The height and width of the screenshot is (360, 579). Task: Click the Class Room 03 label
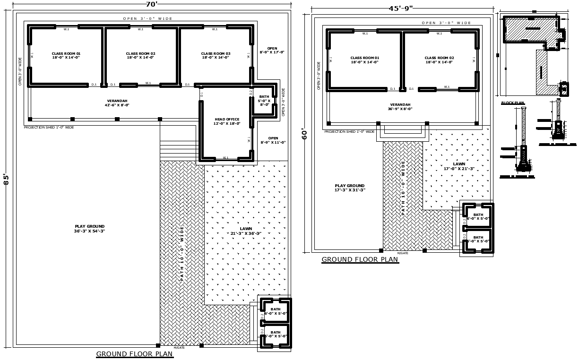(x=216, y=55)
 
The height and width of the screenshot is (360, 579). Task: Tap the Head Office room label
(x=227, y=121)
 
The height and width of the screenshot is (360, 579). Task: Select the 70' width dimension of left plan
(x=151, y=4)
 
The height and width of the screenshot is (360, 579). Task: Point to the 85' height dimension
(x=6, y=180)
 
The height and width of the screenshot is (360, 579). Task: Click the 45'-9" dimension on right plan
(x=401, y=8)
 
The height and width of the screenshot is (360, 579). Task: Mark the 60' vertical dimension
(x=305, y=134)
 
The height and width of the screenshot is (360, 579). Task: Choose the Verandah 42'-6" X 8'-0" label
(x=117, y=103)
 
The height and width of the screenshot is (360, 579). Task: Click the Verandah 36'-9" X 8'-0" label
(x=400, y=107)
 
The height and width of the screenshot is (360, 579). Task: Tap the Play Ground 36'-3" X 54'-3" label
(x=89, y=229)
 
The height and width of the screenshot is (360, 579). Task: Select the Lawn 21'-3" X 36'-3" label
(x=246, y=231)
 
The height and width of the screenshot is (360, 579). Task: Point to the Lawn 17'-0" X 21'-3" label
(x=458, y=166)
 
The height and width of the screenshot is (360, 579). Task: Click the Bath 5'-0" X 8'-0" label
(x=264, y=101)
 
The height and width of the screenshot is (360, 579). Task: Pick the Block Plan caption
(x=512, y=103)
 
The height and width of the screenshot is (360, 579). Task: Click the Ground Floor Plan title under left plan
(x=135, y=354)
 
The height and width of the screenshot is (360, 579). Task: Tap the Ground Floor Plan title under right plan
(x=360, y=259)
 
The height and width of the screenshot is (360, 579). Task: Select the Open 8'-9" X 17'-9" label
(x=272, y=50)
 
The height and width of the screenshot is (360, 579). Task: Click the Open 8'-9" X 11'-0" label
(x=273, y=140)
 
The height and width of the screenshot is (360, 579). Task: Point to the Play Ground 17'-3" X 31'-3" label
(x=350, y=188)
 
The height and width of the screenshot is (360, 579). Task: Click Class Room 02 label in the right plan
(x=439, y=60)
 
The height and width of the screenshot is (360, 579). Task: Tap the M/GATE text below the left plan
(x=179, y=348)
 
